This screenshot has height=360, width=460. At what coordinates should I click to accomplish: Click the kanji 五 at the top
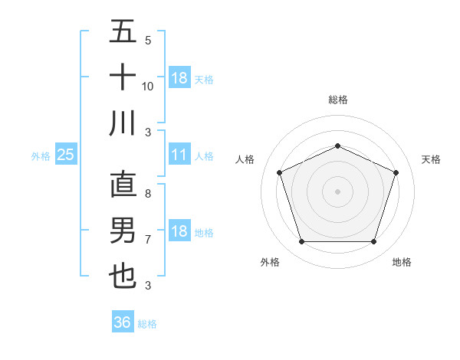pos(123,32)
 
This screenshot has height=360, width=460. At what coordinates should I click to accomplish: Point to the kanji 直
pos(123,185)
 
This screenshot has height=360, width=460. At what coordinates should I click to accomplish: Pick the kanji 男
pos(123,231)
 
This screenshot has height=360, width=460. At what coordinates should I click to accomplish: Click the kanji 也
pos(123,276)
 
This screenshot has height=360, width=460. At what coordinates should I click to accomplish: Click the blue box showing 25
pos(66,155)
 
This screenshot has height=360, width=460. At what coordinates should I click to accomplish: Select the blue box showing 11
pos(179,155)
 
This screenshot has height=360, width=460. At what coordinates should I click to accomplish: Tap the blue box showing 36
pos(123,322)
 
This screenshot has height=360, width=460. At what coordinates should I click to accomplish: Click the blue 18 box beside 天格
pos(179,78)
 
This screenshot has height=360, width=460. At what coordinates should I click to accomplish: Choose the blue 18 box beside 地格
pos(179,231)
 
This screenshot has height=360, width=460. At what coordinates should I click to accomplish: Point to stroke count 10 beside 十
pos(148,86)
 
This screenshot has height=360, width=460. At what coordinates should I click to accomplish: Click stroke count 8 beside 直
pos(148,194)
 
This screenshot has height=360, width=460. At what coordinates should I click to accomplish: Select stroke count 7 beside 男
pos(148,240)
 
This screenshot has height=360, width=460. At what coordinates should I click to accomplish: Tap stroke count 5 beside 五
pos(148,41)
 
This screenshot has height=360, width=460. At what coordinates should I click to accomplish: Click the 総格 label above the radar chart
pos(338,100)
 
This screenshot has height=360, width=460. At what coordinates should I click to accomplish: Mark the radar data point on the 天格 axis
pos(396,172)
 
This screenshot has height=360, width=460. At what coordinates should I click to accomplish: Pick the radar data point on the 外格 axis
pos(301,242)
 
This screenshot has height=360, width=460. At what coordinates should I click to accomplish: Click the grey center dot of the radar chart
pos(337,191)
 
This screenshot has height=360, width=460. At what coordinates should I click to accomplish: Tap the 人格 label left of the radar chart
pos(245,159)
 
